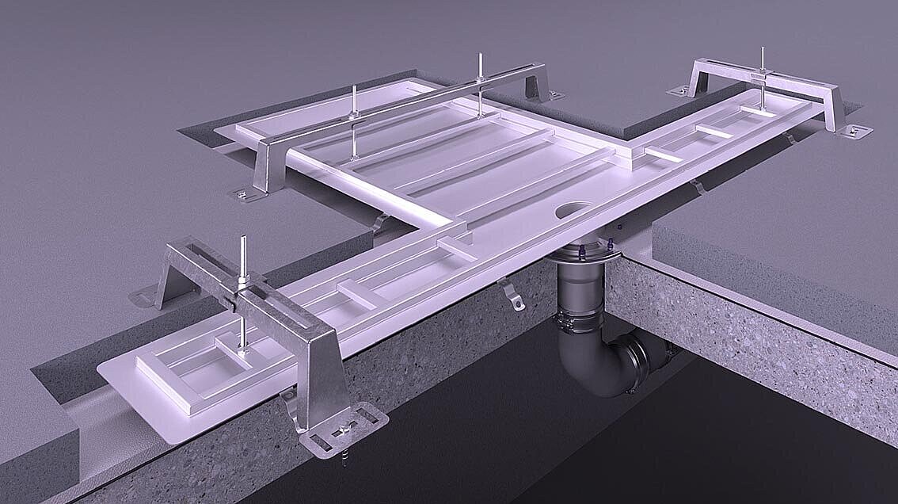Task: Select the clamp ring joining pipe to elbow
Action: pos(581,323)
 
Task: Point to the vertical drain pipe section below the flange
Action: pos(578,289)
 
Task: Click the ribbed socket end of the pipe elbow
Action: pos(637,361)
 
